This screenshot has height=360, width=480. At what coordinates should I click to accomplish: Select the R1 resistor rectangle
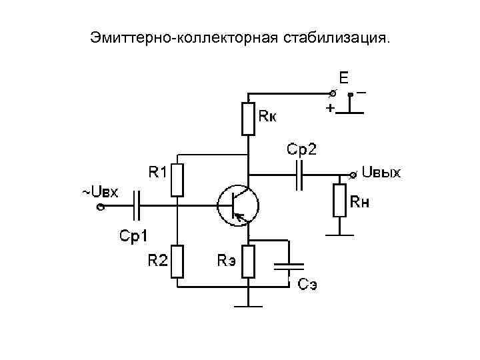pos(177,180)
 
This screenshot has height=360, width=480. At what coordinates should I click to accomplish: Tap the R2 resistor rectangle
pos(177,261)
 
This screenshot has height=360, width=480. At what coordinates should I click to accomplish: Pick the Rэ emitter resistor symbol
pos(249,261)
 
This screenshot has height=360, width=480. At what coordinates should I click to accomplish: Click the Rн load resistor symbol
pos(340,200)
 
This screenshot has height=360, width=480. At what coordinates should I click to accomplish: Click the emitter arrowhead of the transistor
pos(241,216)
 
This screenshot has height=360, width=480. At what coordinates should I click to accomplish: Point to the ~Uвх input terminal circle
pos(99,207)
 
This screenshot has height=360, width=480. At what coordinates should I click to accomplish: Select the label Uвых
pos(381,173)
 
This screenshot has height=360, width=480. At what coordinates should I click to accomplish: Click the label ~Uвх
pos(100,193)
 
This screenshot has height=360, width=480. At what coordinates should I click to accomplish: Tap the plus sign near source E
pos(329,107)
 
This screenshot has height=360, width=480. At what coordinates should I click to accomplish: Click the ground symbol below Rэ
pos(249,306)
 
